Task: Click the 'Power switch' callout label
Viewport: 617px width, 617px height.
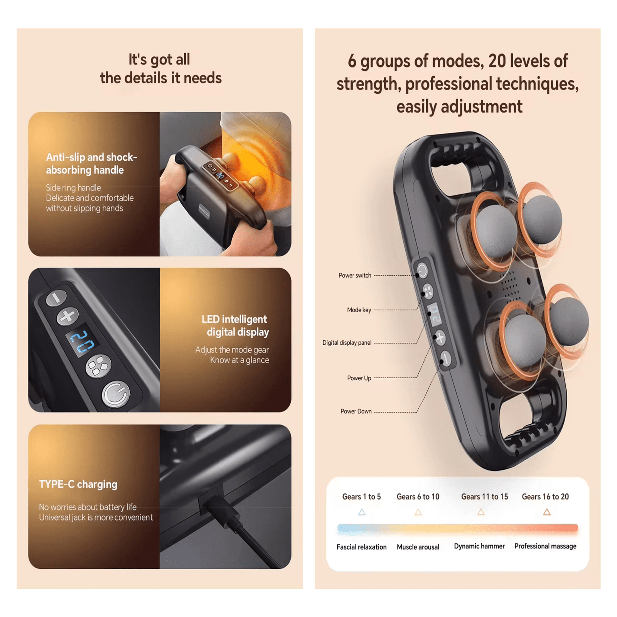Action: (x=355, y=275)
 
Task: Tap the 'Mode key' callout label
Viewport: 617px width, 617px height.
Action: (x=359, y=310)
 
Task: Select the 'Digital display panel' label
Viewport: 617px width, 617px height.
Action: (x=347, y=343)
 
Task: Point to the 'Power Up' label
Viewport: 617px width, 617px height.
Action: (x=359, y=378)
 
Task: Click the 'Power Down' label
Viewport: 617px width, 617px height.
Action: (x=356, y=411)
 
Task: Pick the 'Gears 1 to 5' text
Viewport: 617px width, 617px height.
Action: (x=361, y=497)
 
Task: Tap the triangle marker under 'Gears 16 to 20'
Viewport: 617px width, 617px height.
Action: (x=547, y=512)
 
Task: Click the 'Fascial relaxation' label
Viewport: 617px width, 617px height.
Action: (x=361, y=547)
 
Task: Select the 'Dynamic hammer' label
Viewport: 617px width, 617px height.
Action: (x=479, y=546)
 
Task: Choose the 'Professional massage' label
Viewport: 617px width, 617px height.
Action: (x=545, y=546)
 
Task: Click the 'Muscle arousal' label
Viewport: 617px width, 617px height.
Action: (x=418, y=547)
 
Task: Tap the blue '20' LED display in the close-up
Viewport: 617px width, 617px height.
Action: (x=82, y=341)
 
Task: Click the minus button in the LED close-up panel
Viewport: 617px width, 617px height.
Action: (x=56, y=297)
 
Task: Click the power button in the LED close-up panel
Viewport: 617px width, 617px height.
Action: (x=116, y=394)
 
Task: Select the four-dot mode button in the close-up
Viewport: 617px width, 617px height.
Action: (x=98, y=366)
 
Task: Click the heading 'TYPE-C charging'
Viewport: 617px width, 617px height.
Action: (x=78, y=484)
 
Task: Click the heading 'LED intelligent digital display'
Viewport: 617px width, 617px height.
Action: (x=235, y=325)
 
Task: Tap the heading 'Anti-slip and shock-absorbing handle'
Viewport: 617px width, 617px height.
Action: (x=91, y=164)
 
